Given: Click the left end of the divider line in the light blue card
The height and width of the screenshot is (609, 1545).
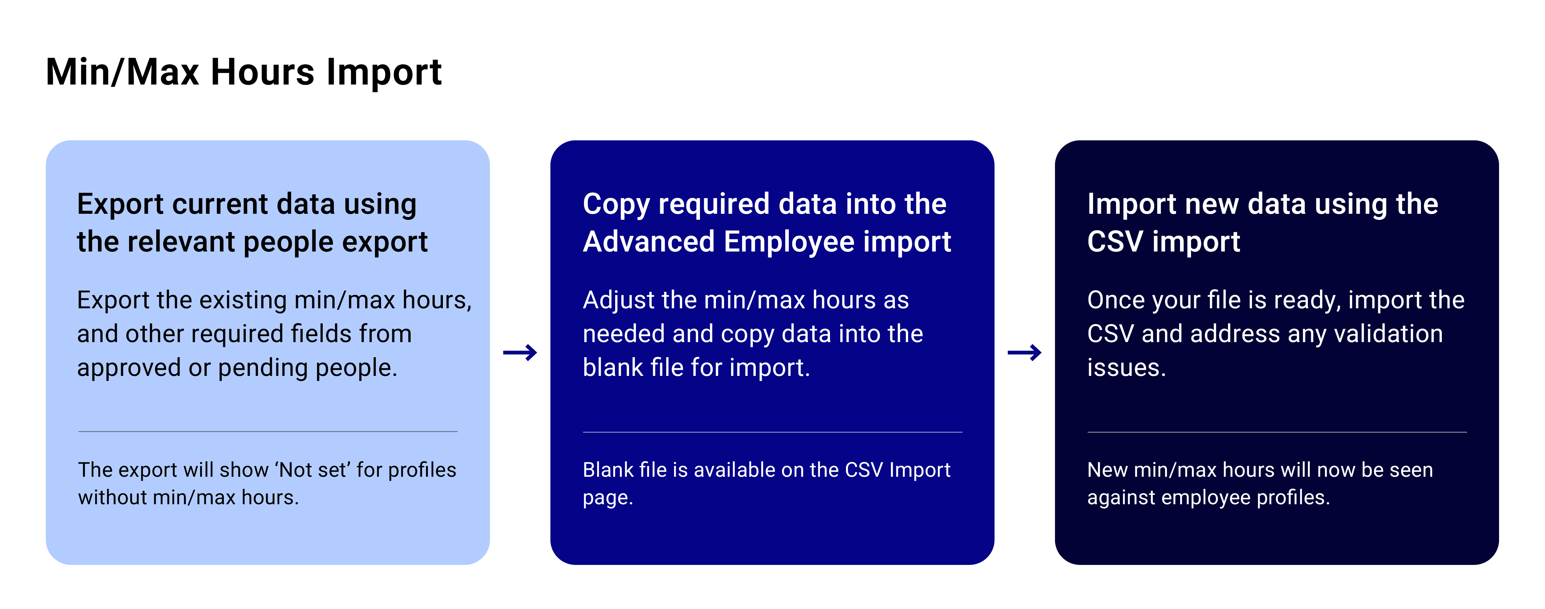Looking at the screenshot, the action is click(x=78, y=431).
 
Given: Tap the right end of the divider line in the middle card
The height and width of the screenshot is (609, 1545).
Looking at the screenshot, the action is click(x=962, y=432).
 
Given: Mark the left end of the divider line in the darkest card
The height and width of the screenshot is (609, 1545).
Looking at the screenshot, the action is click(x=1088, y=432).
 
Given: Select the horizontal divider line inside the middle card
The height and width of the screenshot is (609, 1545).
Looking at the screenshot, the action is click(x=772, y=432).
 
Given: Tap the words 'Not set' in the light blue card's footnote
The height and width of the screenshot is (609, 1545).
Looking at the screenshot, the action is click(x=315, y=470).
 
